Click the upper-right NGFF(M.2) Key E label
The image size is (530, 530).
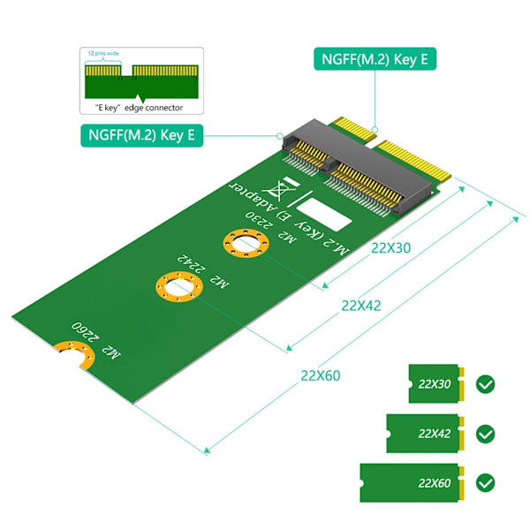[375, 59]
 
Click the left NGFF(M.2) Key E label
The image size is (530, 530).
[142, 135]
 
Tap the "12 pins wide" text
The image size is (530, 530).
[103, 53]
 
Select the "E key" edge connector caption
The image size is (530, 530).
[139, 108]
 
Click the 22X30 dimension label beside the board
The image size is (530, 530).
[390, 248]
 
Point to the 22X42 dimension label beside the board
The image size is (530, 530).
[361, 306]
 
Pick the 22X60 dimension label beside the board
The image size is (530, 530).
[321, 375]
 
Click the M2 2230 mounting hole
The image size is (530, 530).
[246, 244]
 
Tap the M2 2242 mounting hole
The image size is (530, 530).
[179, 287]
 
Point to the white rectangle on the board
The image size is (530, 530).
[324, 215]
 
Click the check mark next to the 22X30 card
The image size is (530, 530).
[485, 384]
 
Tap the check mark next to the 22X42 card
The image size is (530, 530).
[485, 434]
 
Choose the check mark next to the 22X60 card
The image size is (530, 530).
[485, 483]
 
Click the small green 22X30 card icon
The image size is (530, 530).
[436, 383]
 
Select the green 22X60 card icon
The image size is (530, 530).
[412, 482]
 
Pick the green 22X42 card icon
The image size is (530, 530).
[425, 434]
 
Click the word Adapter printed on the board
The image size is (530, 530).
[254, 196]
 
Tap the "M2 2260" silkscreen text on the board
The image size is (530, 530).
[95, 340]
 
